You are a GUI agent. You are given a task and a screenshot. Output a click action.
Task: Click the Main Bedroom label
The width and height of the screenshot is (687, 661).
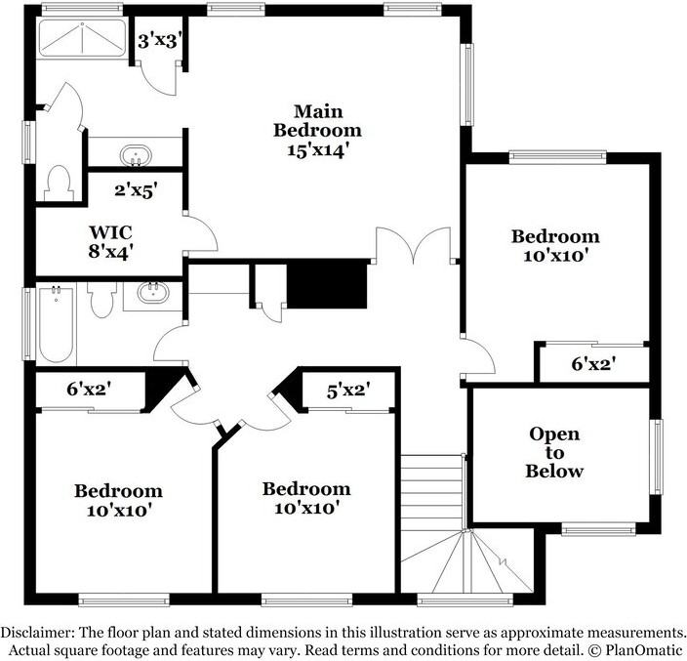[x=317, y=120]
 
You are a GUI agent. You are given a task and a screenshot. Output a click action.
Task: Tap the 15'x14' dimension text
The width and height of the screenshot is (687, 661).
[x=317, y=150]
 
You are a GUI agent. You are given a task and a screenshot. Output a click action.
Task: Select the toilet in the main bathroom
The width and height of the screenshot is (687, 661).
[x=61, y=182]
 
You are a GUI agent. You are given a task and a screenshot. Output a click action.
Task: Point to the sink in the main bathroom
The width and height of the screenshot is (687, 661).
[x=135, y=155]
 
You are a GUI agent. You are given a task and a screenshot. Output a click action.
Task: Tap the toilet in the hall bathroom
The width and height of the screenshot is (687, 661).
[x=102, y=302]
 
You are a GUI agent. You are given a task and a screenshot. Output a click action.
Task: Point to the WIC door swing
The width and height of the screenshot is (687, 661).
[x=201, y=234]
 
